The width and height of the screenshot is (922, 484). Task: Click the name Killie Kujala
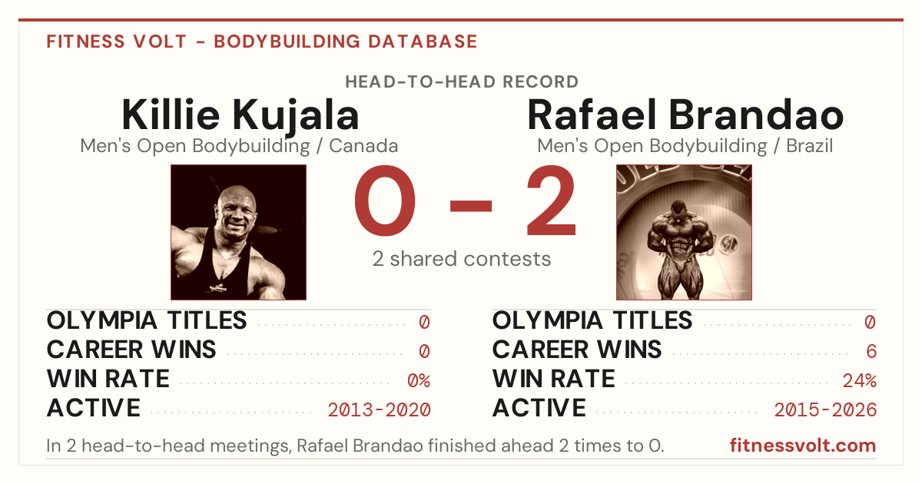pos(240,116)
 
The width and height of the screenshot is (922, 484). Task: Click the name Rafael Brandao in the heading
pos(685,114)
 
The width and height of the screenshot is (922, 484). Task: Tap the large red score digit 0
pos(385,200)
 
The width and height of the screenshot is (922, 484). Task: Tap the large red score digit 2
pos(552,200)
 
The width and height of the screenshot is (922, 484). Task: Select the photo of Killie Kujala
pos(238,232)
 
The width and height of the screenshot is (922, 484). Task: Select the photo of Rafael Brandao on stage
pos(684,232)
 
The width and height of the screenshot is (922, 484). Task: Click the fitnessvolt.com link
pos(803,446)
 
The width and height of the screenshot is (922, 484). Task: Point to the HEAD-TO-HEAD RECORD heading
pos(462,82)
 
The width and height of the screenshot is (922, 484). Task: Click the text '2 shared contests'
pos(462,259)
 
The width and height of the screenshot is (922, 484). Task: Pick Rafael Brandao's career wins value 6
pos(871,351)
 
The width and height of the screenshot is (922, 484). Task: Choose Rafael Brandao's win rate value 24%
pos(860,380)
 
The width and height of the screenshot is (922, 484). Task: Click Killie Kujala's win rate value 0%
pos(419,380)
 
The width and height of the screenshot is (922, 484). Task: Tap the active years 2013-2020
pos(379,410)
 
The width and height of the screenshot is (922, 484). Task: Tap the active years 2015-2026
pos(825,410)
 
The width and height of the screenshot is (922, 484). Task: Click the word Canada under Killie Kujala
pos(363,146)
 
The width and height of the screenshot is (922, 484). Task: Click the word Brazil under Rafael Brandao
pos(810,146)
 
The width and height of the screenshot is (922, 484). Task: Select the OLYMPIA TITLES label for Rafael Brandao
pos(592,320)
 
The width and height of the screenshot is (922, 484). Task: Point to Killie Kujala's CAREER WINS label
pos(131,350)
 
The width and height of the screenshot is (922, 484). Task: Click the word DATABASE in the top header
pos(423,41)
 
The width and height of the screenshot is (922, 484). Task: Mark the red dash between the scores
pos(471,206)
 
